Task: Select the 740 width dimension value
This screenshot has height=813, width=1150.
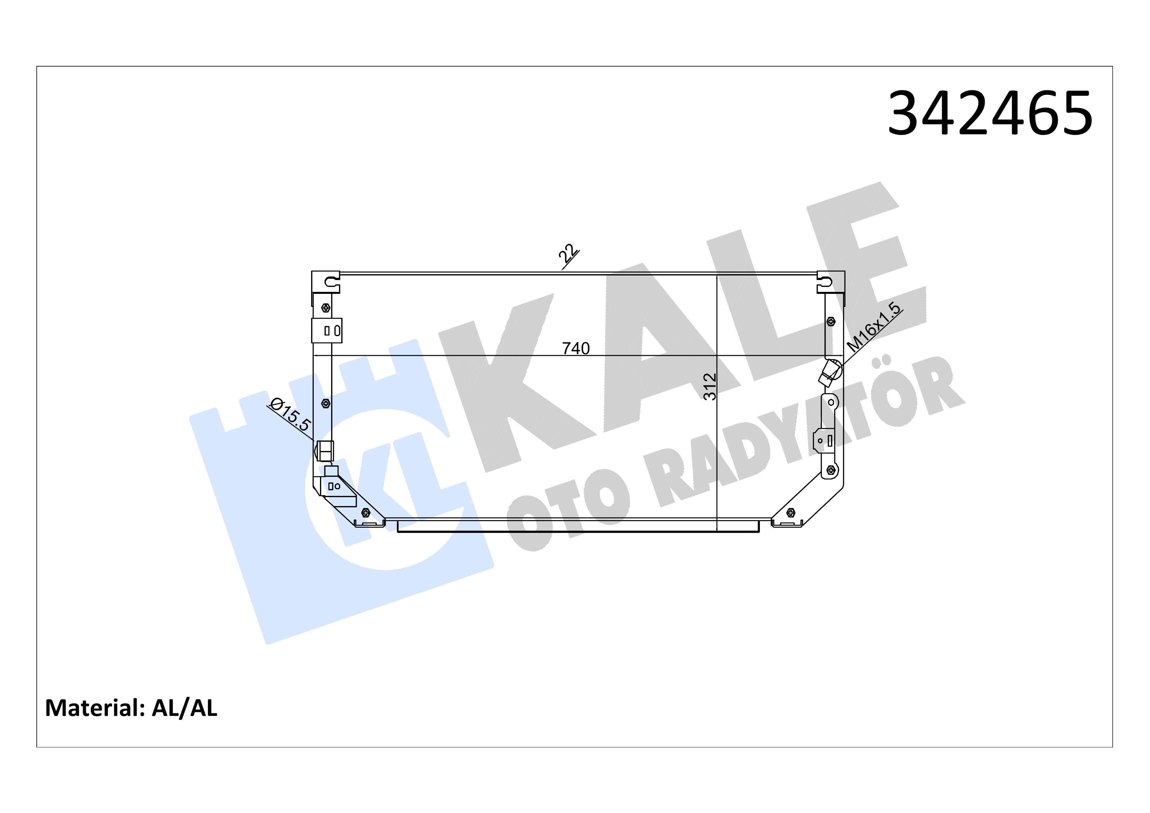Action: pos(576,348)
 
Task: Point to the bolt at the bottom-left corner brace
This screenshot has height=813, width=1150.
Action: pos(365,513)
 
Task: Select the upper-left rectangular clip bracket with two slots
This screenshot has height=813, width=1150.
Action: pos(327,331)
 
